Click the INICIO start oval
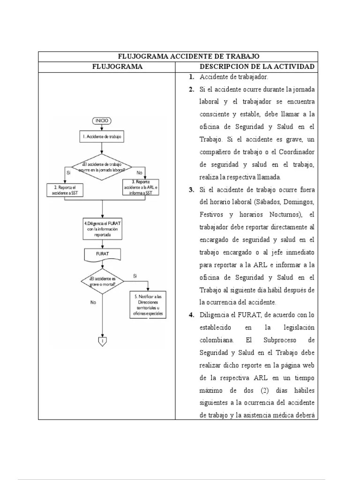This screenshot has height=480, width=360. (102, 120)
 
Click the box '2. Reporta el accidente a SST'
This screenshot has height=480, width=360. (66, 190)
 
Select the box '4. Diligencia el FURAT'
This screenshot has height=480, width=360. (102, 228)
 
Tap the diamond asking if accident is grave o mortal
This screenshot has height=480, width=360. (102, 281)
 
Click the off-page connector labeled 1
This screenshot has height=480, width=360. (102, 341)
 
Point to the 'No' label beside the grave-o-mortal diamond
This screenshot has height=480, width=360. (93, 302)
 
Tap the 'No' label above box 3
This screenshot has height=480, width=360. (139, 173)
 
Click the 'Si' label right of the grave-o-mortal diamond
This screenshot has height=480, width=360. (135, 276)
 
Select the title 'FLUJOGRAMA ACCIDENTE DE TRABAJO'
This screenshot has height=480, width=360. (178, 57)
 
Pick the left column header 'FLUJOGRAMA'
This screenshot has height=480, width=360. (117, 67)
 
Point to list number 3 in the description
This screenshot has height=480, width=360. (191, 190)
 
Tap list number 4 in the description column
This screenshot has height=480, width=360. (191, 315)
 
